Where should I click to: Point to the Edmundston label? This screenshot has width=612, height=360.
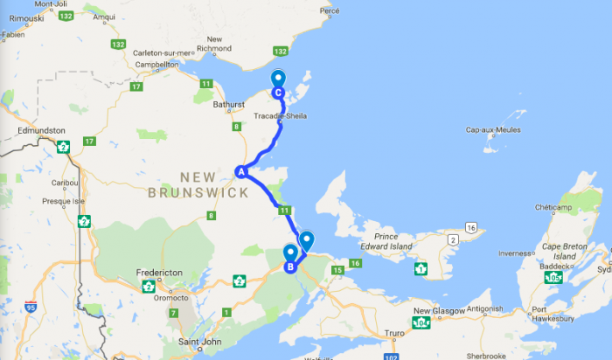point(42,131)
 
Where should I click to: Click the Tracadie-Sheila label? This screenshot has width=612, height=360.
point(280,115)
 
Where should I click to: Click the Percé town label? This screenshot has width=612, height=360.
point(330,10)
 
